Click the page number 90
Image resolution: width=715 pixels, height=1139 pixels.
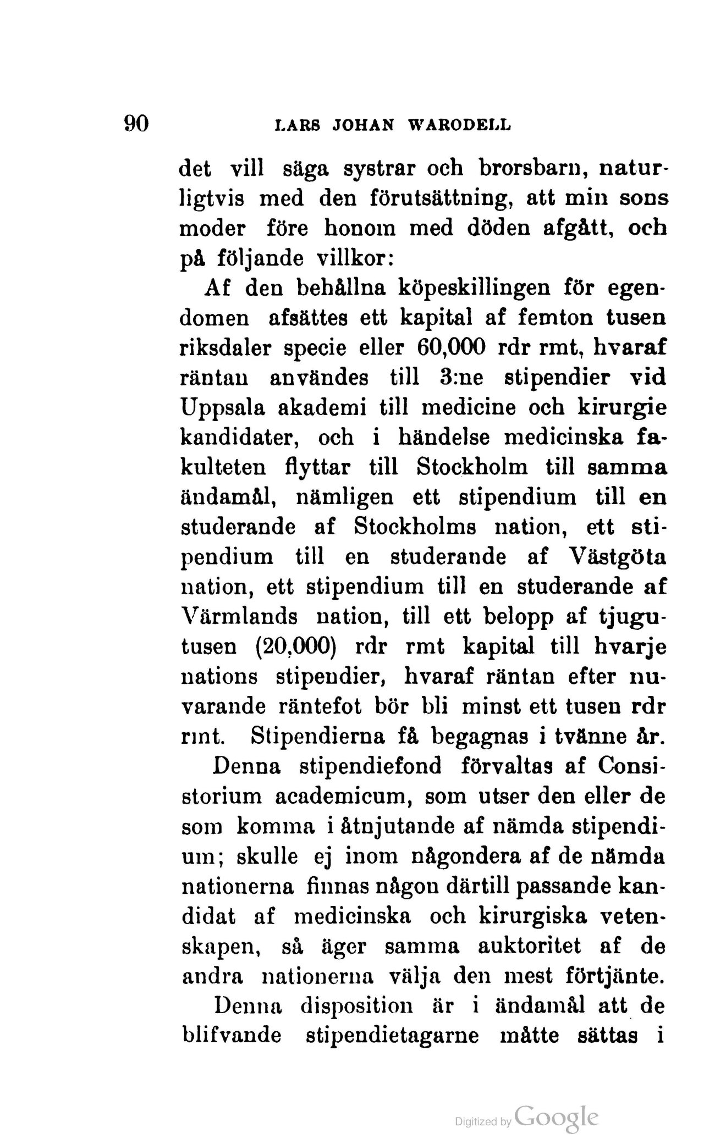pos(137,123)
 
